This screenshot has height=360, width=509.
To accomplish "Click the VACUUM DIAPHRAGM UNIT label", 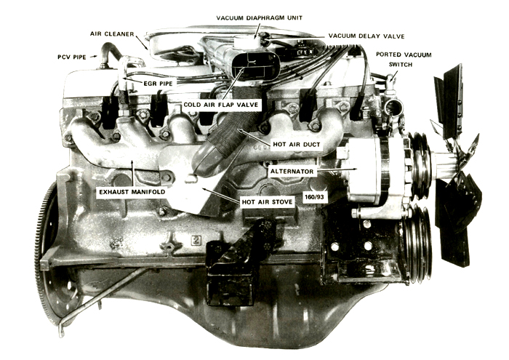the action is coord(260,17).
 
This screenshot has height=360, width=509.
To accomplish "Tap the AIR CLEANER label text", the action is coord(112,33).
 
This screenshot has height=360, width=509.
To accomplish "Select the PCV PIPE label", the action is coord(72,57).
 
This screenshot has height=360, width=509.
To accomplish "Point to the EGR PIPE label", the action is coord(158,84).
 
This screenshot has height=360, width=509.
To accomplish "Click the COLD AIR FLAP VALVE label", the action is coord(221,105).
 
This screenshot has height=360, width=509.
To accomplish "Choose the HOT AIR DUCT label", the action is coord(297,144).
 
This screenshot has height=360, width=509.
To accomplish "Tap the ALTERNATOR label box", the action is coord(292,171).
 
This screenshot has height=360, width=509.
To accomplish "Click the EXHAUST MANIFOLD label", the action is coord(132,191).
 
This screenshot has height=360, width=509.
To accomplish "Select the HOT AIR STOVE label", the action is coord(267,202).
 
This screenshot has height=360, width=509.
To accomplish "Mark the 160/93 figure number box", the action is coord(315,196).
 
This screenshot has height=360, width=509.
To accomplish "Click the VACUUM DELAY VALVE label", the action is coord(366,36).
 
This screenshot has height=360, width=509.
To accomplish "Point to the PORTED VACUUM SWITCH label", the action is coord(404,60).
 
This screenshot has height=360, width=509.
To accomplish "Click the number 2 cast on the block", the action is coord(196,241).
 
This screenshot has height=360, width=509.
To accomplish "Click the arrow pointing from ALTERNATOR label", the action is coord(337,169).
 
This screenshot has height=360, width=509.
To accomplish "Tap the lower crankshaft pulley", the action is coord(417,243).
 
